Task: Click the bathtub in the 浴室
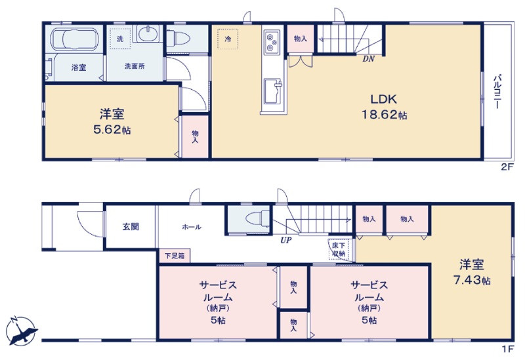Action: (x=74, y=39)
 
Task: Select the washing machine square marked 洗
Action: (x=120, y=39)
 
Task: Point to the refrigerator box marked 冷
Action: (x=228, y=39)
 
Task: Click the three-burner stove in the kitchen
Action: (x=272, y=42)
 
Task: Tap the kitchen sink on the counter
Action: (x=273, y=91)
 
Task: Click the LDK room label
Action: (x=383, y=99)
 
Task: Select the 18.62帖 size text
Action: (x=384, y=115)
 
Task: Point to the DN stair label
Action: (x=368, y=59)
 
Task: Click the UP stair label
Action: (x=286, y=240)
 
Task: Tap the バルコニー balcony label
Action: (x=497, y=91)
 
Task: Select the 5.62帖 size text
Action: (x=112, y=129)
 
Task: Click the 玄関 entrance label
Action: (x=131, y=226)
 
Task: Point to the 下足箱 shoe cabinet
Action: (x=175, y=256)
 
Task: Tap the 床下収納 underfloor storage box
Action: (x=339, y=250)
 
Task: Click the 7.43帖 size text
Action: (x=472, y=280)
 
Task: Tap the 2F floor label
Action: (x=507, y=167)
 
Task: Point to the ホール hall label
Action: (x=192, y=227)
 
